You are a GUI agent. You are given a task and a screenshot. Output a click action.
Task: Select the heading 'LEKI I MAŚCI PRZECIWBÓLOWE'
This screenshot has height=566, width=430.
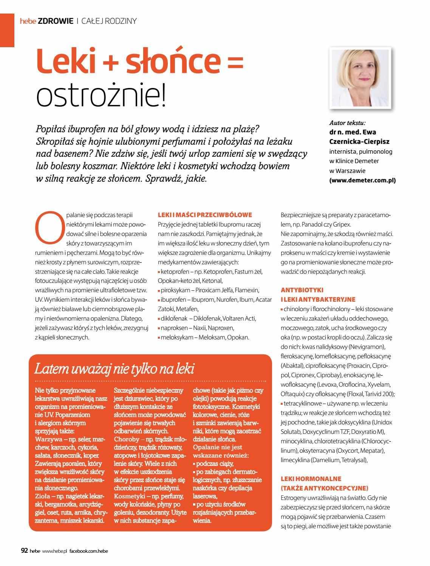coord(205,215)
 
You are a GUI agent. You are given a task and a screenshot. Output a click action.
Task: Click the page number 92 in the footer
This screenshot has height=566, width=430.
coord(24,551)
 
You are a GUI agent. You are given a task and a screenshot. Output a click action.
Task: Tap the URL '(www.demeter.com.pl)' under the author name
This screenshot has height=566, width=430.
coord(362,180)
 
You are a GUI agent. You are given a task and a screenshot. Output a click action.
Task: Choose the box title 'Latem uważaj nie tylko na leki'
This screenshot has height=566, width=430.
coord(114,369)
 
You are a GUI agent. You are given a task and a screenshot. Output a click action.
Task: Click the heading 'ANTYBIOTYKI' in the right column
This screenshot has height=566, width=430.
coord(302,290)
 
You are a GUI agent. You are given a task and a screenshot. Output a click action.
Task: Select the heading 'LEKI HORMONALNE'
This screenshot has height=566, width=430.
coord(311,479)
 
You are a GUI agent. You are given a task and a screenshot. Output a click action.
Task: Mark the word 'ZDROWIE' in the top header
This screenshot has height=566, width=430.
coord(56,21)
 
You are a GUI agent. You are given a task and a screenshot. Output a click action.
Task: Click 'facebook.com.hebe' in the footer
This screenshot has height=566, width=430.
coord(89,551)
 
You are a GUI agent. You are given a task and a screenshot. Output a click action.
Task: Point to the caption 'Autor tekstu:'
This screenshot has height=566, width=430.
coord(347,123)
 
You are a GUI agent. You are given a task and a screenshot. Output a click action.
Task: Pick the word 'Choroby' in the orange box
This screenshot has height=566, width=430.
coord(127,439)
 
